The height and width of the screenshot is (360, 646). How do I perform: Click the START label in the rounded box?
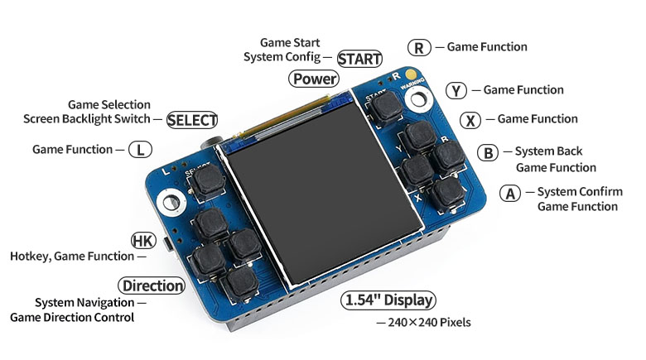359,59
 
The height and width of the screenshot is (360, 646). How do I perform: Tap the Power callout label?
314,79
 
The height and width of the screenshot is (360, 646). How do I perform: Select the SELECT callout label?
192,120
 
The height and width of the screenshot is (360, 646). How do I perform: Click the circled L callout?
141,150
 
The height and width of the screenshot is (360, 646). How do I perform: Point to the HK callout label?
143,241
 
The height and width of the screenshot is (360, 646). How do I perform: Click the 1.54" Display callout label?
388,300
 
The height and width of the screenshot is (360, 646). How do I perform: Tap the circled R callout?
420,47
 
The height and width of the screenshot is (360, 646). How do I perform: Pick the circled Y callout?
456,90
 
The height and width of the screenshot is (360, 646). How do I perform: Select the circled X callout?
470,120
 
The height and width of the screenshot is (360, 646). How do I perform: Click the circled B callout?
489,152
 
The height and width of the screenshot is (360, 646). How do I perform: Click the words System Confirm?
580,192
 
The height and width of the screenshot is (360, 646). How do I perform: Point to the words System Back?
548,151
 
